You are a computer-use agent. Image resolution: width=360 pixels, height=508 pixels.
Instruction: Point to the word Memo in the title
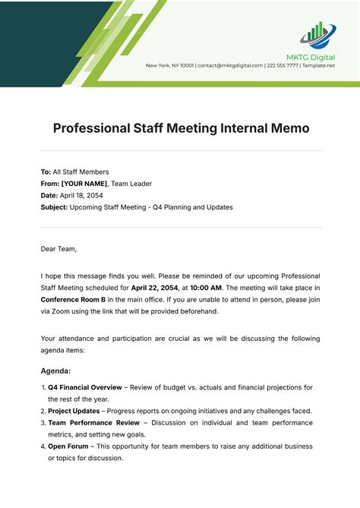point(291,128)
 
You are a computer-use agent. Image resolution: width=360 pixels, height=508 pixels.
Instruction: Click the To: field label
point(46,172)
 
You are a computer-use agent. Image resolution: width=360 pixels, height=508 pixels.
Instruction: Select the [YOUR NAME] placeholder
point(84,184)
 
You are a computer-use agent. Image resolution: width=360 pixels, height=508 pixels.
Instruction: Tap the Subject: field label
point(54,207)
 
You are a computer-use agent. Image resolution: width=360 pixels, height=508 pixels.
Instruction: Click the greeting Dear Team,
point(59,248)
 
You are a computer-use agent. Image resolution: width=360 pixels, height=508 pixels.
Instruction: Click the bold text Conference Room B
point(74,299)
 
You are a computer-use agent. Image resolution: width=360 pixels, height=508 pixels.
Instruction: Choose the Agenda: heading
point(55,371)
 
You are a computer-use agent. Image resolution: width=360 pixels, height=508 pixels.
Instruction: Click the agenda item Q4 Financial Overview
point(84,387)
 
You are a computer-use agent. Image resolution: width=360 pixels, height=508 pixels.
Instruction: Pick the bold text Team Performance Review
point(94,422)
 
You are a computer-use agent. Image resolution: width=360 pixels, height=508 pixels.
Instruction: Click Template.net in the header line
point(317,65)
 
